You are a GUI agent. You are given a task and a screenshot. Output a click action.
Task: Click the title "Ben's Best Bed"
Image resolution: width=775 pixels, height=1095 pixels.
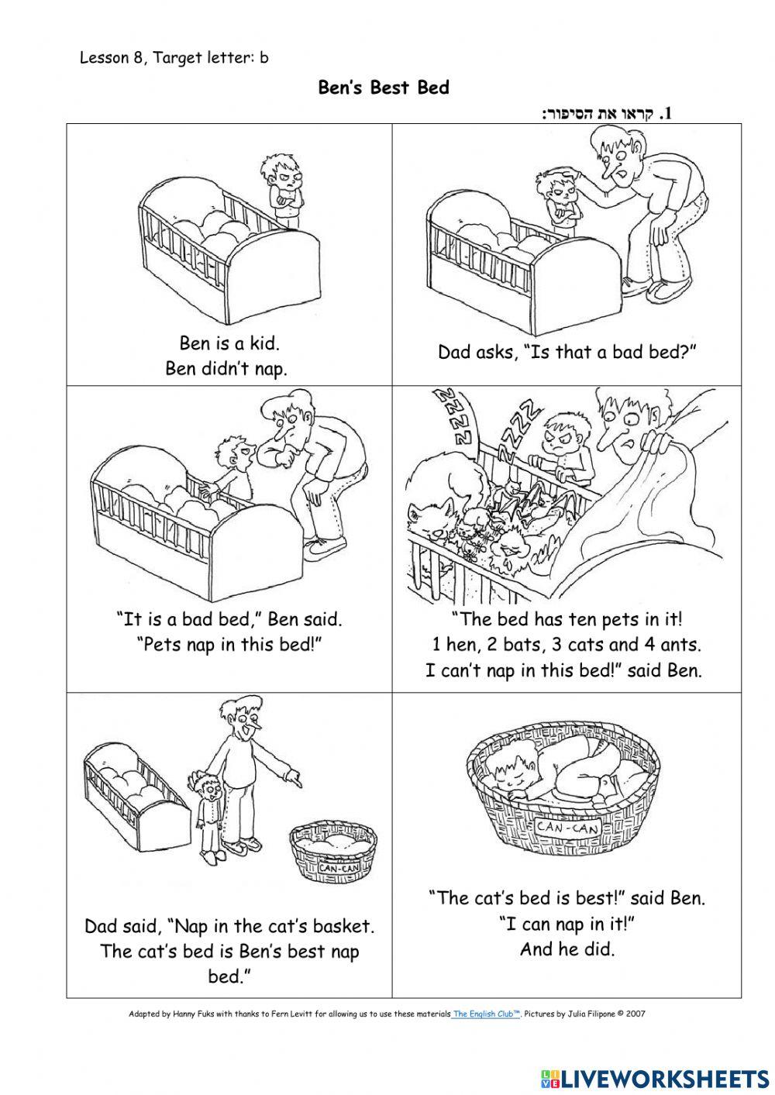coord(384,88)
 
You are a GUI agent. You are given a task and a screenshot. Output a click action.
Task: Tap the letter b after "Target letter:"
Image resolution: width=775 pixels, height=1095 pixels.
coord(264,57)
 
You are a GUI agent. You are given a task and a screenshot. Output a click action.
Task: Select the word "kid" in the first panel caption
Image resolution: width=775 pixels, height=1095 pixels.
coord(262,343)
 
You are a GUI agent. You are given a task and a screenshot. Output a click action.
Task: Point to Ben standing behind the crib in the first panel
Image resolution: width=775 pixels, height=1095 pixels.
coord(281,189)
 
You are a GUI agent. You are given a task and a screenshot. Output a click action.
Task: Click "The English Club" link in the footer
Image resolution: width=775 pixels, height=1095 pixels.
coord(487,1013)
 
